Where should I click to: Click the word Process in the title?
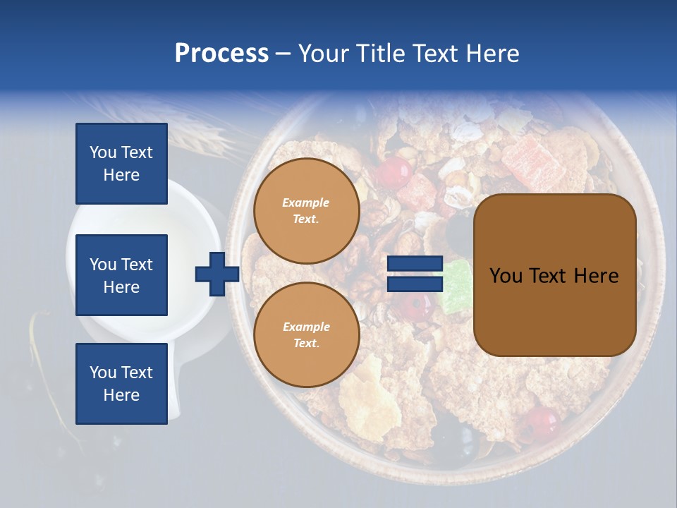(221, 54)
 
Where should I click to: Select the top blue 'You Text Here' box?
(121, 164)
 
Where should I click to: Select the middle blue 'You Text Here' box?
(121, 275)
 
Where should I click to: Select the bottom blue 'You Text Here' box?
(121, 383)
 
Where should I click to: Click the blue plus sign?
(217, 274)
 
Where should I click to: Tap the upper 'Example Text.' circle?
(306, 211)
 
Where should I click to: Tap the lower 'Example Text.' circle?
(306, 335)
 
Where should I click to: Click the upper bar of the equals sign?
(415, 264)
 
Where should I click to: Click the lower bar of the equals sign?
(415, 284)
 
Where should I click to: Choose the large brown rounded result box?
(554, 274)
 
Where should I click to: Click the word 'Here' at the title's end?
(494, 54)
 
